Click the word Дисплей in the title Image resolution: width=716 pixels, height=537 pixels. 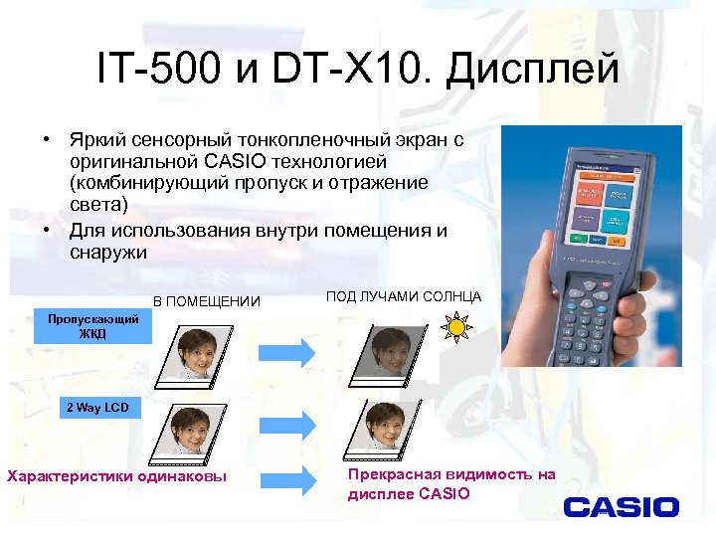point(532,70)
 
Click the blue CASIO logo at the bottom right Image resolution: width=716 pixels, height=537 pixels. point(621,507)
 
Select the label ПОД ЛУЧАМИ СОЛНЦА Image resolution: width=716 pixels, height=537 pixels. point(403,296)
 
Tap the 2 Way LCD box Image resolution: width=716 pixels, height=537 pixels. point(97,408)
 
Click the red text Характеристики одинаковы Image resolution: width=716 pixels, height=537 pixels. point(116,476)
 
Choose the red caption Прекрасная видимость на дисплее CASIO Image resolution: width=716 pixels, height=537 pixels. point(450,484)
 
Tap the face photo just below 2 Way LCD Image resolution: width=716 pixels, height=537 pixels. point(186,431)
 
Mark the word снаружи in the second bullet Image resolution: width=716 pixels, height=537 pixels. point(108,253)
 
